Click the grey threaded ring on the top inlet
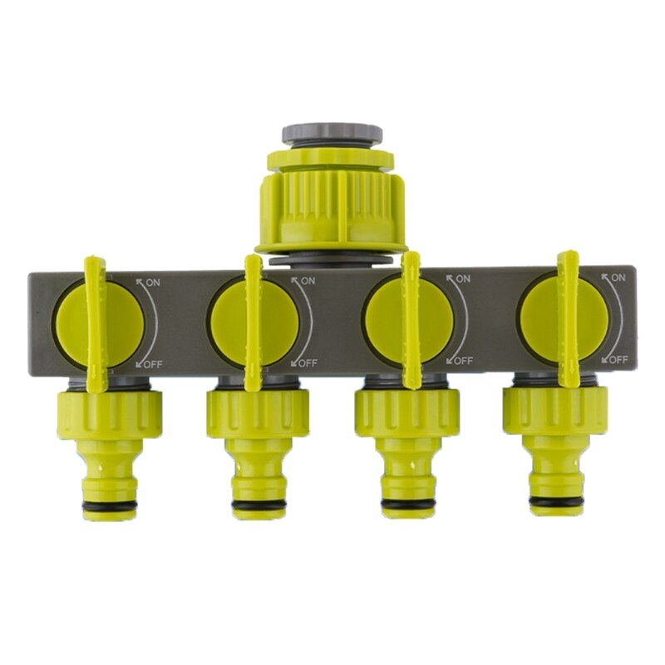point(332,134)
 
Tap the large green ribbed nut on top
point(332,199)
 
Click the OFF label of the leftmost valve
point(151,362)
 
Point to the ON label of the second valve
point(307,283)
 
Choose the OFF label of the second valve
point(307,362)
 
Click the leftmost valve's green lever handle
point(96,324)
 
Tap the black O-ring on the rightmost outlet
point(554,502)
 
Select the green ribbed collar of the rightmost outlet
point(554,408)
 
